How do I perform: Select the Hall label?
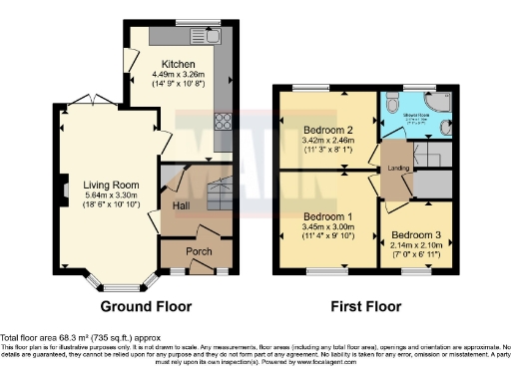(x=182, y=205)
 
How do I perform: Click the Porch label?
(x=200, y=251)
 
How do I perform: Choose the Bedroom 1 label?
(x=328, y=217)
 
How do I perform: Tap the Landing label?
(x=398, y=167)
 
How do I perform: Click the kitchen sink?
(x=215, y=40)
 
